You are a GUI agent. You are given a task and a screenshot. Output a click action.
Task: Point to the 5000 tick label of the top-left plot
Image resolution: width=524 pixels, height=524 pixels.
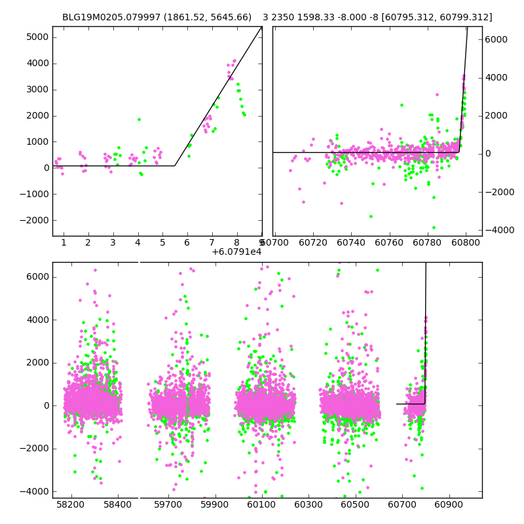click(36, 37)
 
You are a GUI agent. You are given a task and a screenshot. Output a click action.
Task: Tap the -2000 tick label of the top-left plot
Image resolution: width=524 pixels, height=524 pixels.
click(33, 220)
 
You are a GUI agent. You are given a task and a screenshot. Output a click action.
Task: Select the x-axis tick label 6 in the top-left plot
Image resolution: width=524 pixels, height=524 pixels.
click(187, 242)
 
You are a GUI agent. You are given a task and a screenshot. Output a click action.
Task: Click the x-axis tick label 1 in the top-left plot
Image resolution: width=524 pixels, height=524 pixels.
click(64, 242)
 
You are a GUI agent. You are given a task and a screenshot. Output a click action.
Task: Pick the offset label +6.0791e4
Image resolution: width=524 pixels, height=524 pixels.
click(236, 252)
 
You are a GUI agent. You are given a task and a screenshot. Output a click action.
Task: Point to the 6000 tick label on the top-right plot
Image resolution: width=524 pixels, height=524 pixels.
click(496, 39)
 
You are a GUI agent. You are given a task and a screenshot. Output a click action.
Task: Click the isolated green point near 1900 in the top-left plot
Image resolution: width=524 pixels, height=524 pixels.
click(139, 119)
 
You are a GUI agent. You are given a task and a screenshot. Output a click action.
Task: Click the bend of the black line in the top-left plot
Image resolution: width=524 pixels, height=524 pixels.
click(175, 166)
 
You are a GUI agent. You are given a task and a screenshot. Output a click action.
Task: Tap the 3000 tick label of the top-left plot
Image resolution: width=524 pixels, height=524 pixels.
click(36, 89)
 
